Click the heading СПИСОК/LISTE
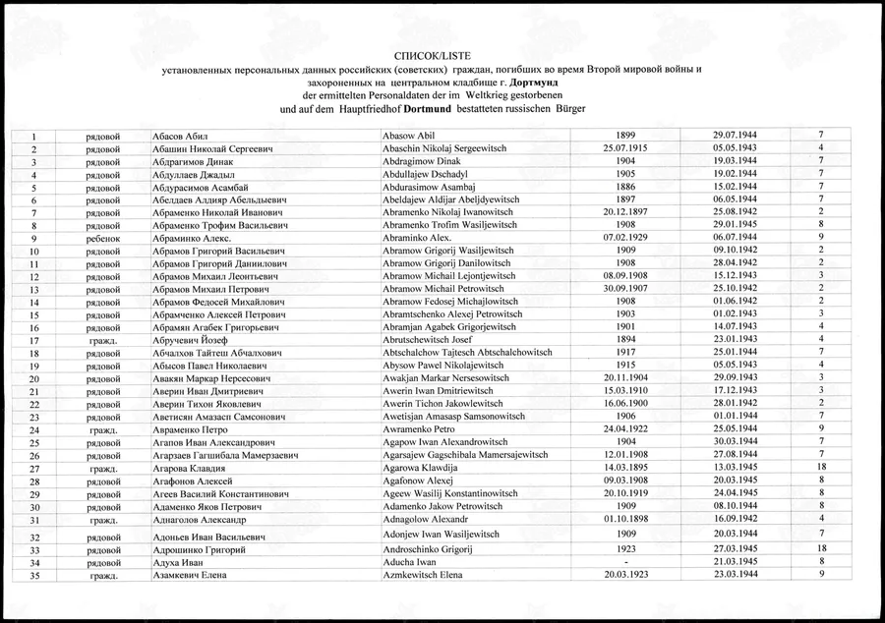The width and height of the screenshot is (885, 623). (x=441, y=58)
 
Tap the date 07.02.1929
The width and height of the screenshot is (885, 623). (x=629, y=238)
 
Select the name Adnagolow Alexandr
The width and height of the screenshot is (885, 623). (x=425, y=519)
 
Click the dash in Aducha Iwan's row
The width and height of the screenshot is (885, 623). (x=629, y=561)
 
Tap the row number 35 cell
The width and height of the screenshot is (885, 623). (x=33, y=575)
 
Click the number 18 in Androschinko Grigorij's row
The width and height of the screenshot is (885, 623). (x=820, y=548)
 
